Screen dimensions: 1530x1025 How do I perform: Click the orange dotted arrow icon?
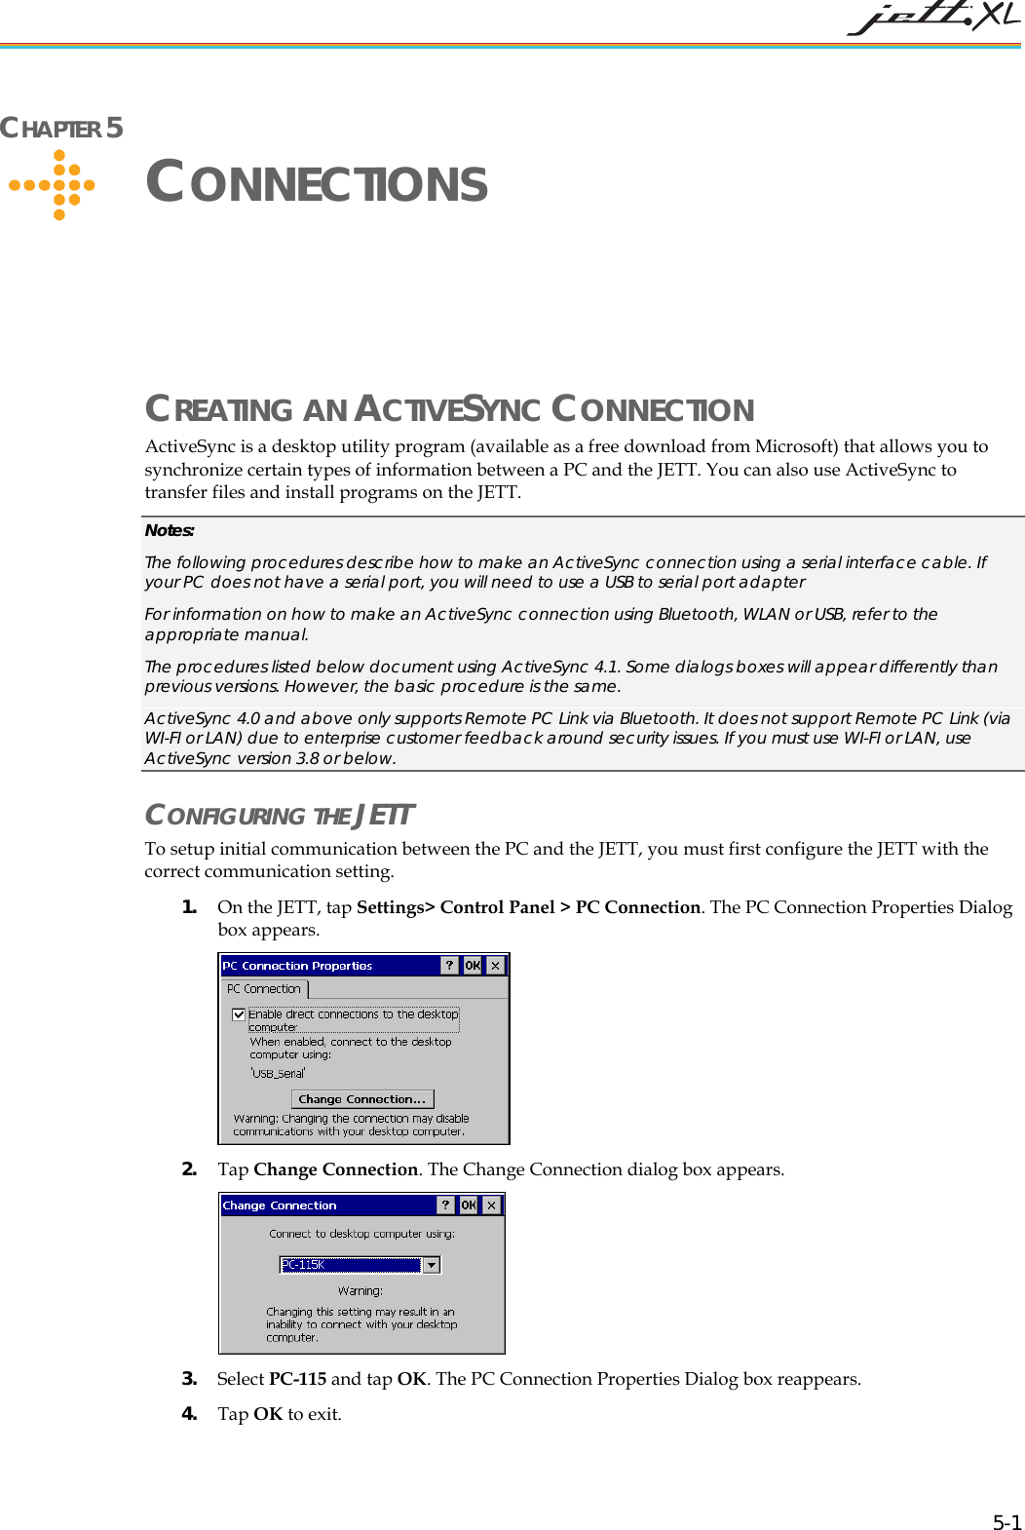click(x=55, y=184)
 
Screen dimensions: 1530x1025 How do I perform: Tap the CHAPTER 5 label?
click(x=61, y=128)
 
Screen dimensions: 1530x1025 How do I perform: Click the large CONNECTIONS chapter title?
click(x=317, y=183)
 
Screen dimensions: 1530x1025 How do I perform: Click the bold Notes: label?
click(x=170, y=530)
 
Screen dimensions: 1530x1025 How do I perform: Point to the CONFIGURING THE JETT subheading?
click(x=280, y=815)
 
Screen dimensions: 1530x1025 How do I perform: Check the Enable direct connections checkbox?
click(x=239, y=1014)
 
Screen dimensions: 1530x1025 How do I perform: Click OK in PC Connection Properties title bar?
click(x=473, y=966)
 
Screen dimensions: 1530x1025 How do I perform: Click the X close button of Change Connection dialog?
click(x=492, y=1205)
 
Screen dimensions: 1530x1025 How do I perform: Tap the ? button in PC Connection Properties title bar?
click(x=449, y=966)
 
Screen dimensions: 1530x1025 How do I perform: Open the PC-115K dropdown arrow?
click(x=432, y=1265)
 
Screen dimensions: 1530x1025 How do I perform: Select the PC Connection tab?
click(x=264, y=989)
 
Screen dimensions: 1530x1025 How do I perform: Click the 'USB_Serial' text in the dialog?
click(x=279, y=1074)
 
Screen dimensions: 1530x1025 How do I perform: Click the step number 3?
click(x=189, y=1379)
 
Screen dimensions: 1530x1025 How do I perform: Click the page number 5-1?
click(x=1006, y=1522)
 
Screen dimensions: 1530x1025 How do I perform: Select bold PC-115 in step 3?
click(x=297, y=1379)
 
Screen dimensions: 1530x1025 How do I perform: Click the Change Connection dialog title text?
click(x=280, y=1205)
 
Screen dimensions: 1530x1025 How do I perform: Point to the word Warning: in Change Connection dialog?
click(x=361, y=1291)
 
